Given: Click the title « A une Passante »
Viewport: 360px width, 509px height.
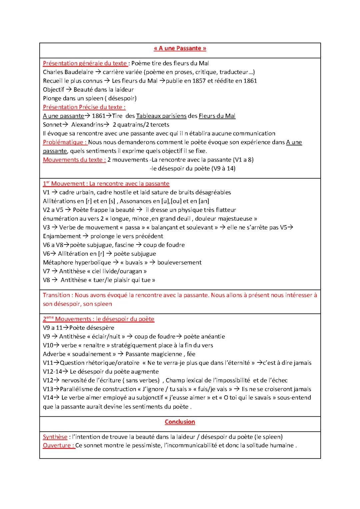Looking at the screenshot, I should pyautogui.click(x=180, y=48).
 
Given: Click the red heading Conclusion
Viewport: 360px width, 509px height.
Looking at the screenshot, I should pyautogui.click(x=180, y=422).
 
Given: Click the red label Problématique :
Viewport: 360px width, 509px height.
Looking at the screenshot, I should pyautogui.click(x=65, y=142).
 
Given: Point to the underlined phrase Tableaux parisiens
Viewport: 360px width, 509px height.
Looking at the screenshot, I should pyautogui.click(x=161, y=116).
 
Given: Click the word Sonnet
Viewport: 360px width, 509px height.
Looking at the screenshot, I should pyautogui.click(x=52, y=125).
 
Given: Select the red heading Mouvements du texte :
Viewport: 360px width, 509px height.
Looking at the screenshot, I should pyautogui.click(x=74, y=160).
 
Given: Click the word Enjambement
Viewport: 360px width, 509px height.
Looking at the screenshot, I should pyautogui.click(x=62, y=236).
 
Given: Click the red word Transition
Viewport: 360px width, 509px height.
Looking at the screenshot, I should pyautogui.click(x=56, y=295).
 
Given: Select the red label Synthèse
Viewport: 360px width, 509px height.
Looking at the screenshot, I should pyautogui.click(x=55, y=437).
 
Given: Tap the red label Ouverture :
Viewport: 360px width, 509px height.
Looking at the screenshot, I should pyautogui.click(x=59, y=445).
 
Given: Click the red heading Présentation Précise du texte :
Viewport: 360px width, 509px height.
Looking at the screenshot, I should pyautogui.click(x=84, y=107).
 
